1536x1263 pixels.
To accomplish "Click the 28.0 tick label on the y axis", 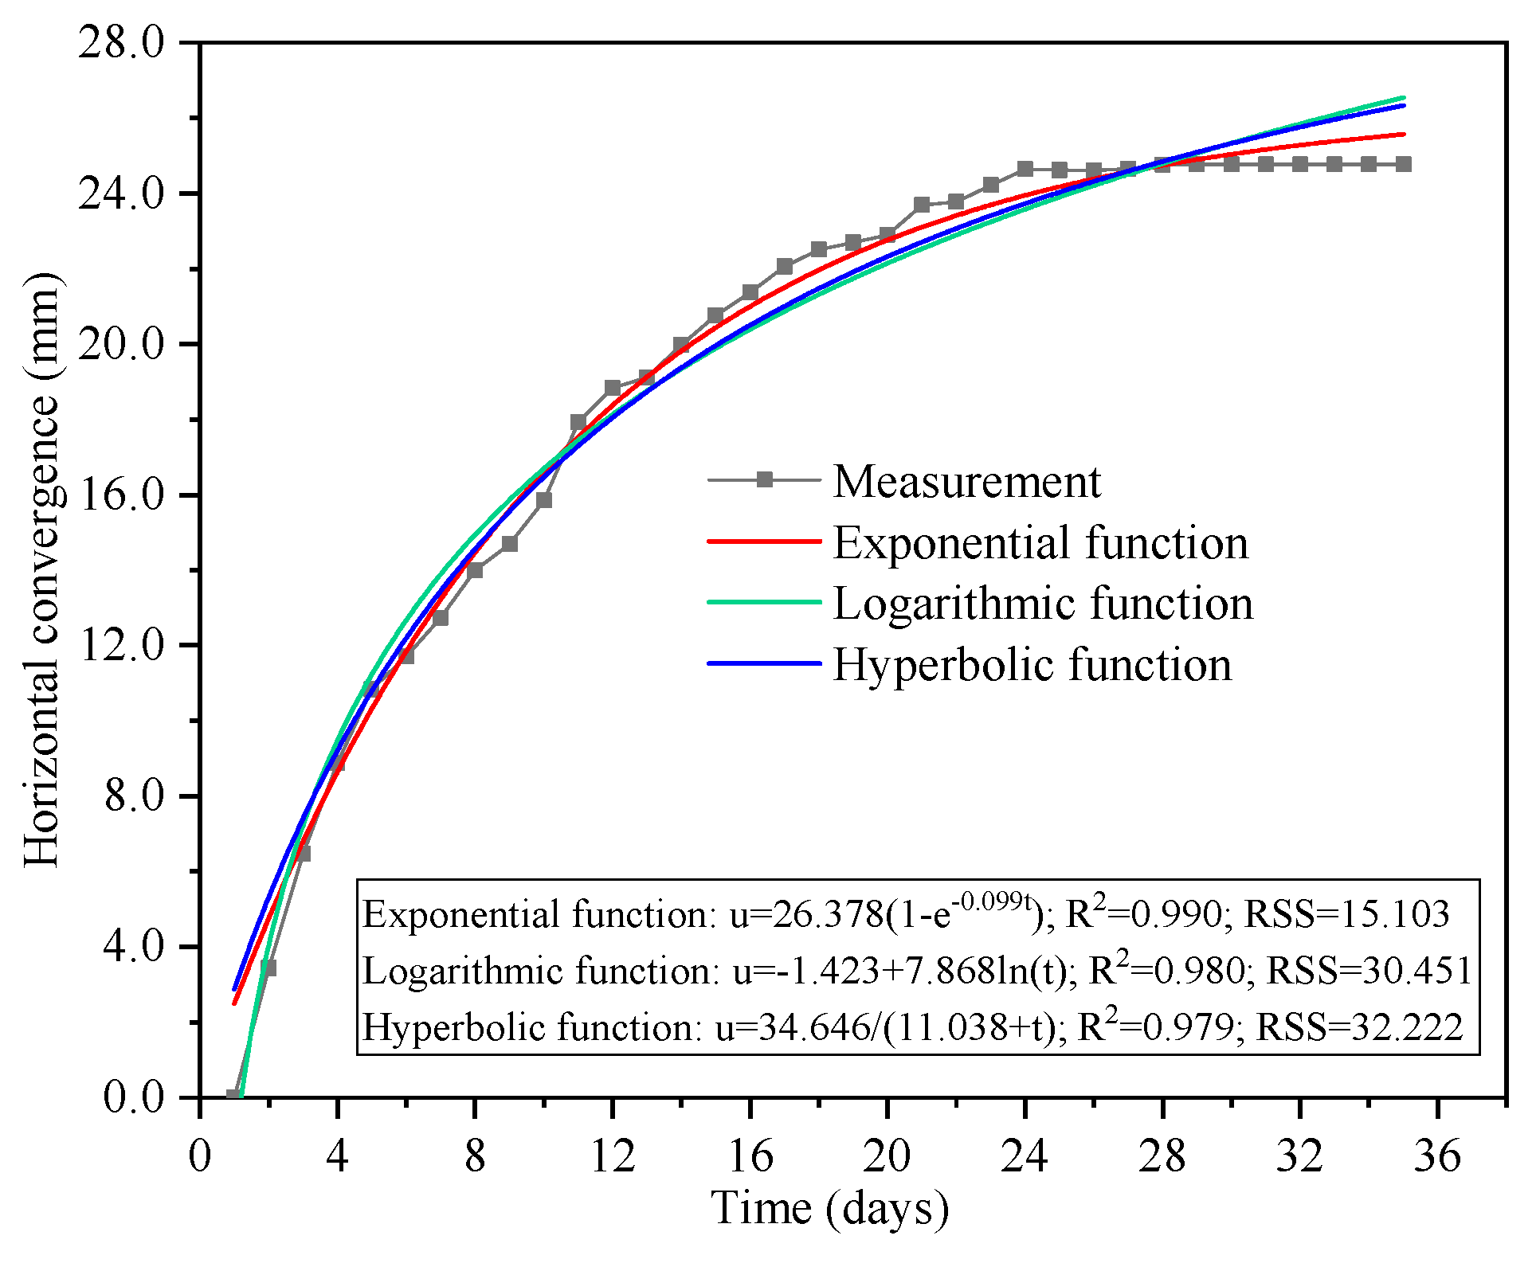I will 120,42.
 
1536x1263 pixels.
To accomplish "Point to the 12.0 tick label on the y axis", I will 120,645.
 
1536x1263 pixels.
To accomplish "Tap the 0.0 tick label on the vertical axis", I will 132,1097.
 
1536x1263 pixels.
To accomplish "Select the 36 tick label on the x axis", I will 1437,1155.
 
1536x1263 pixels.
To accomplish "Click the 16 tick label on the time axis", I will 750,1155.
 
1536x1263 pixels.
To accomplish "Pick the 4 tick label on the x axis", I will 337,1155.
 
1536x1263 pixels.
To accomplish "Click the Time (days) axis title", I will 829,1209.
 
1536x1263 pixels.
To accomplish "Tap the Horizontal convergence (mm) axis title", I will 41,569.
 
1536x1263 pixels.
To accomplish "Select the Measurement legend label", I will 966,481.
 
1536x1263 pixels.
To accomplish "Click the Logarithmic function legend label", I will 1043,603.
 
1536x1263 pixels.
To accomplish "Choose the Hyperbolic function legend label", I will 1032,664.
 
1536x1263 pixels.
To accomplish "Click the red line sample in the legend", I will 764,542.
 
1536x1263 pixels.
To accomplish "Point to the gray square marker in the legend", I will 765,479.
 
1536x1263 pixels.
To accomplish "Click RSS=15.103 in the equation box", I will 1346,914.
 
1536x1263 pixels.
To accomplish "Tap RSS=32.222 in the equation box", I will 1359,1027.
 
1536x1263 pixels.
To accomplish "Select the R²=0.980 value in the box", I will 1166,970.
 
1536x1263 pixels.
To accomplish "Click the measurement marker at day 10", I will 544,500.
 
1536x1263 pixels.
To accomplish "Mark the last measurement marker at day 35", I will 1404,164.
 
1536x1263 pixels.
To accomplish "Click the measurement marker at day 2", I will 268,968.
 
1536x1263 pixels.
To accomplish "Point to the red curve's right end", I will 1403,134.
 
